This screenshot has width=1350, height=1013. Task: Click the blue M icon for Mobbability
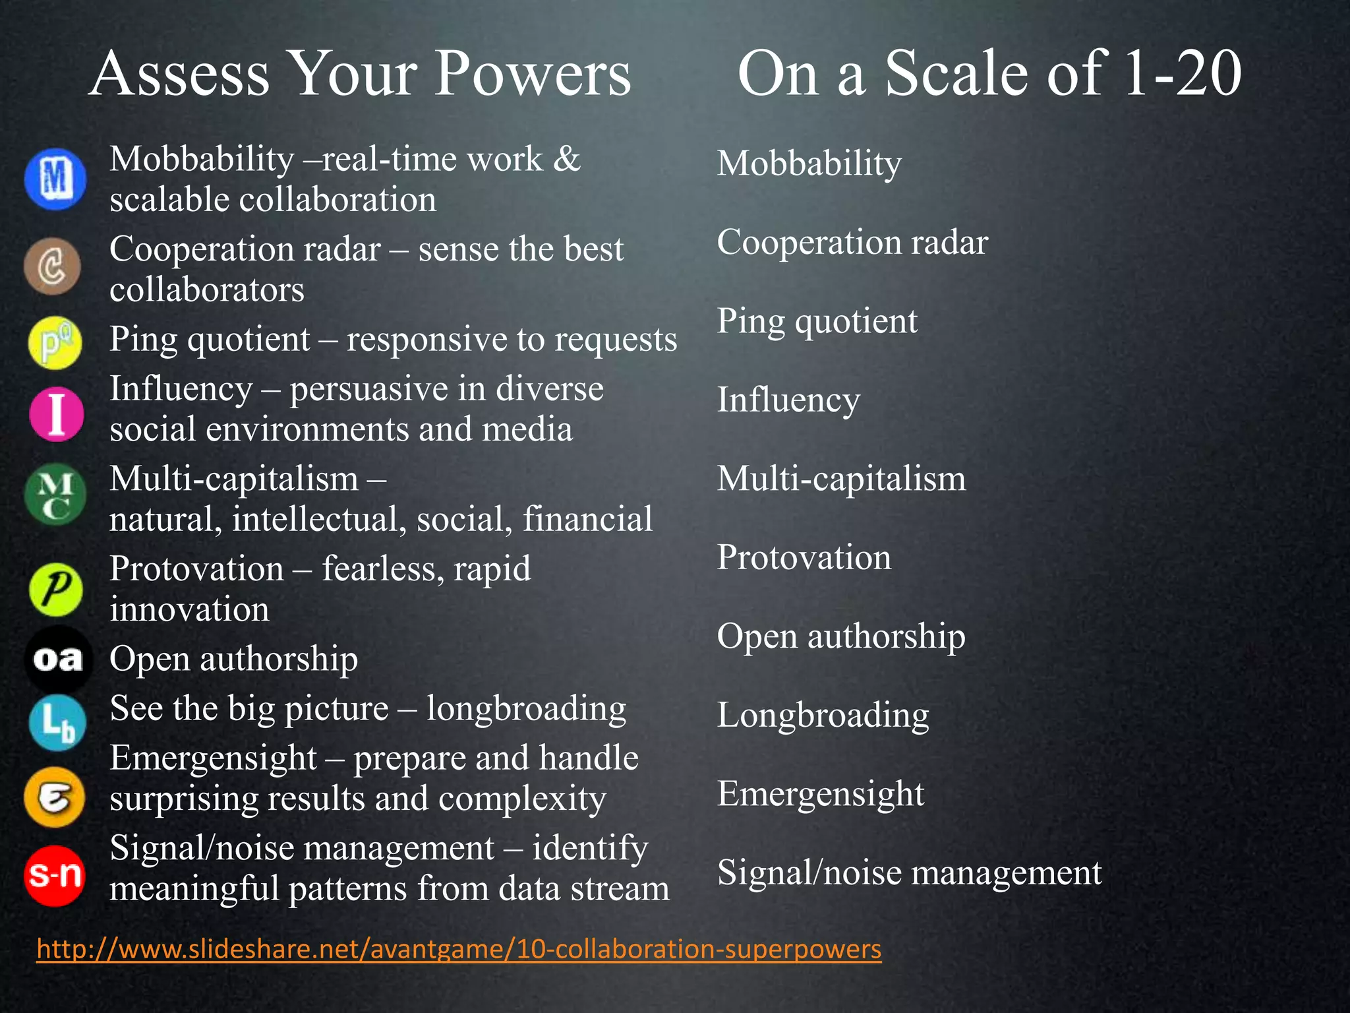55,179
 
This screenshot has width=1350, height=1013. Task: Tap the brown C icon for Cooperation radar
52,266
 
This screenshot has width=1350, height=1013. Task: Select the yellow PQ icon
55,343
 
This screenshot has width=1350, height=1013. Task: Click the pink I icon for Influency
57,414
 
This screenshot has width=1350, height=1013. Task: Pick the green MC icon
55,495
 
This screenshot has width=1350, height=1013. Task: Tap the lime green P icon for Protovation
56,590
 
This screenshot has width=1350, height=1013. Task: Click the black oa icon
58,659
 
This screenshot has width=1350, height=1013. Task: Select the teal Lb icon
57,723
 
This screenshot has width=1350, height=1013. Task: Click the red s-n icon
55,875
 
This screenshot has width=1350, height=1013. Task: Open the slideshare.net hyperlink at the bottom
459,949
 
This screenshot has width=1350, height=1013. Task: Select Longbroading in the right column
823,715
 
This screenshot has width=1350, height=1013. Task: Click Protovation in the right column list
804,557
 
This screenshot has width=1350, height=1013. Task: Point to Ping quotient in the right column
817,321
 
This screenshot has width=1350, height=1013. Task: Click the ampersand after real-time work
566,159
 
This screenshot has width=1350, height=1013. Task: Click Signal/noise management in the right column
909,873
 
